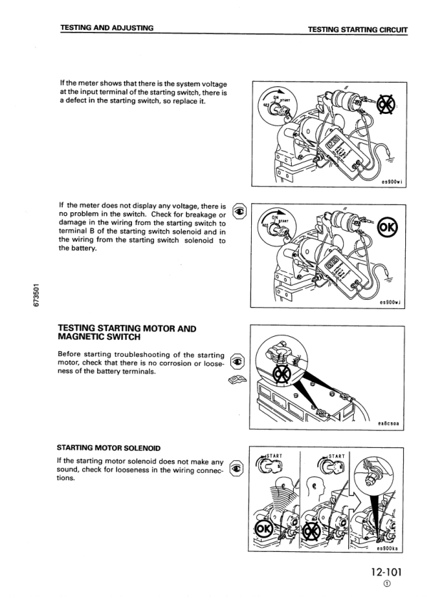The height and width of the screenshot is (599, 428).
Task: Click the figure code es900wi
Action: click(x=389, y=182)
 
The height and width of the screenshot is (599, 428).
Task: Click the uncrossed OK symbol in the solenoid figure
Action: click(x=263, y=530)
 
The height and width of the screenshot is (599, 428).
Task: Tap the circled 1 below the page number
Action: click(x=387, y=586)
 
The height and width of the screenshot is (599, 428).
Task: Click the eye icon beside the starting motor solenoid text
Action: click(x=240, y=467)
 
